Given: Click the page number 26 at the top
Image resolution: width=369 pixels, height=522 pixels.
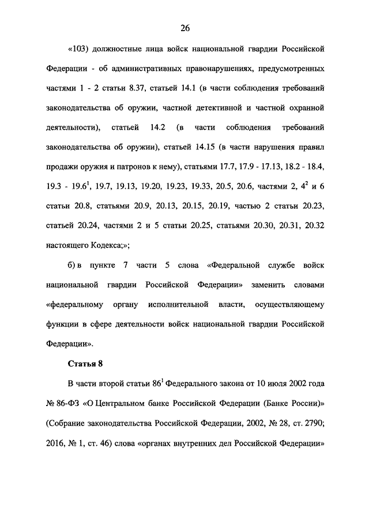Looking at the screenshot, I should click(x=184, y=28).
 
